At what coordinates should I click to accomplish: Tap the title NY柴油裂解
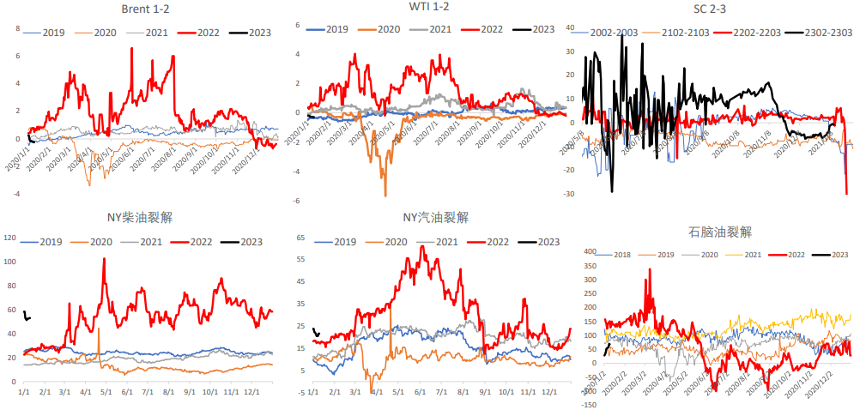click(x=142, y=218)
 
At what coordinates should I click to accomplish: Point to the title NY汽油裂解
click(x=435, y=218)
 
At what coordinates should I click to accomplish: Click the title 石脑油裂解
click(x=720, y=232)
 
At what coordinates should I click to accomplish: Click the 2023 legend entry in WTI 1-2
click(x=533, y=29)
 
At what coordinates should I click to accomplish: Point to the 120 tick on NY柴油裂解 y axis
click(x=10, y=238)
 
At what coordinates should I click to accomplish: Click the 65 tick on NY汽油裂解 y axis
click(x=300, y=238)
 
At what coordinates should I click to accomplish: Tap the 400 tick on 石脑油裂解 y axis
click(x=589, y=252)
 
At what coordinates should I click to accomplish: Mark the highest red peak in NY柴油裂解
click(x=104, y=259)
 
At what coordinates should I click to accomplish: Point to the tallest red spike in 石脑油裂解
click(x=650, y=269)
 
